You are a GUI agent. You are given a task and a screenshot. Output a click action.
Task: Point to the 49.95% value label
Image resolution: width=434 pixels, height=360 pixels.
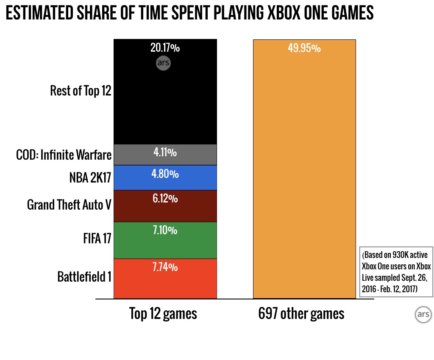click(304, 48)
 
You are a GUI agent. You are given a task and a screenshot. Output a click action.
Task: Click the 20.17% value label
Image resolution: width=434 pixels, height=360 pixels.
click(165, 48)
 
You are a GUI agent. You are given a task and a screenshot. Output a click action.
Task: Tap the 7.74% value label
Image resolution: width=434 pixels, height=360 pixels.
click(165, 267)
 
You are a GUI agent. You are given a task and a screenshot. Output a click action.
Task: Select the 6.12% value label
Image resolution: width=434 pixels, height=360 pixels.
click(165, 199)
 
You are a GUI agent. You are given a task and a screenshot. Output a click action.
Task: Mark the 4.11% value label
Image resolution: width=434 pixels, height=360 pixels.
click(165, 152)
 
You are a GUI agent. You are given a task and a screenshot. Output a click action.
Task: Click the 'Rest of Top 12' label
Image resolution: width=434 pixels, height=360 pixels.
click(81, 91)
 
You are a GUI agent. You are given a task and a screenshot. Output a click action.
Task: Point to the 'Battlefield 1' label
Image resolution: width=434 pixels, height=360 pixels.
click(84, 277)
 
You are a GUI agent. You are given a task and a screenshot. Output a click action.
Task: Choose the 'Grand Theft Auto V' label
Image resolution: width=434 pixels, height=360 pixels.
click(69, 205)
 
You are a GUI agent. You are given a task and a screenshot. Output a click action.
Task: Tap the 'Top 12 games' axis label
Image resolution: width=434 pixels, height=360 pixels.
click(163, 314)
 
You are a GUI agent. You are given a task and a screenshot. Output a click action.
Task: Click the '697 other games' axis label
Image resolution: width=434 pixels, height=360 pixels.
click(301, 314)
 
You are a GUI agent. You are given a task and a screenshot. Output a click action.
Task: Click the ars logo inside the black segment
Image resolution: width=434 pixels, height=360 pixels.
click(163, 64)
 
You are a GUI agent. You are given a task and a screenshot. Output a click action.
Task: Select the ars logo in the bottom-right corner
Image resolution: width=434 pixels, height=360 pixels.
click(423, 316)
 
